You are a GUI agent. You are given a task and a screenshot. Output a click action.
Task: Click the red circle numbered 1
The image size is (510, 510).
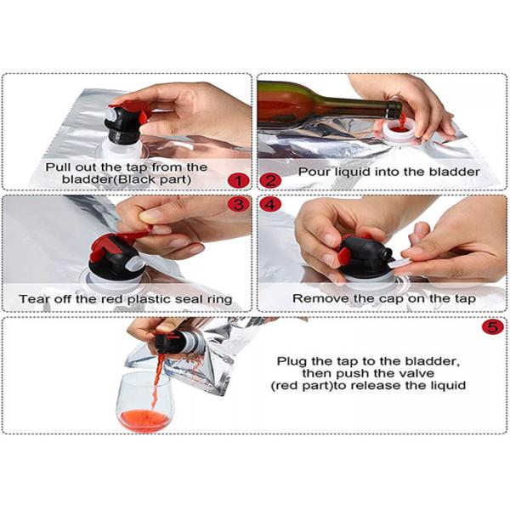click(x=238, y=181)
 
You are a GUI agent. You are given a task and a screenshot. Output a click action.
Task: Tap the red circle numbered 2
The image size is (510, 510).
click(x=270, y=181)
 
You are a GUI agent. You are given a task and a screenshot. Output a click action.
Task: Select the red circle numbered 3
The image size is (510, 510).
click(x=238, y=204)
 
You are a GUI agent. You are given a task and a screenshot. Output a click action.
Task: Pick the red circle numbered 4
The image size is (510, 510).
click(x=270, y=204)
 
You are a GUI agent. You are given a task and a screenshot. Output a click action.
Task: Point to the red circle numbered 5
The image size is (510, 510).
click(x=493, y=327)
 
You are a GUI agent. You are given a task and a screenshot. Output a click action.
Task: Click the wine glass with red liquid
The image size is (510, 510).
click(x=145, y=403)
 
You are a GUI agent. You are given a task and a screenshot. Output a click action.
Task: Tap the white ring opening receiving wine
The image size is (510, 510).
click(x=400, y=133)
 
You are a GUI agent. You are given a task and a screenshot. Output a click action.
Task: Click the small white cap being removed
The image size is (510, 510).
click(x=400, y=263)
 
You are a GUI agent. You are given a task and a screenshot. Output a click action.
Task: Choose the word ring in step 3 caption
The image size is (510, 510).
click(x=220, y=300)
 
